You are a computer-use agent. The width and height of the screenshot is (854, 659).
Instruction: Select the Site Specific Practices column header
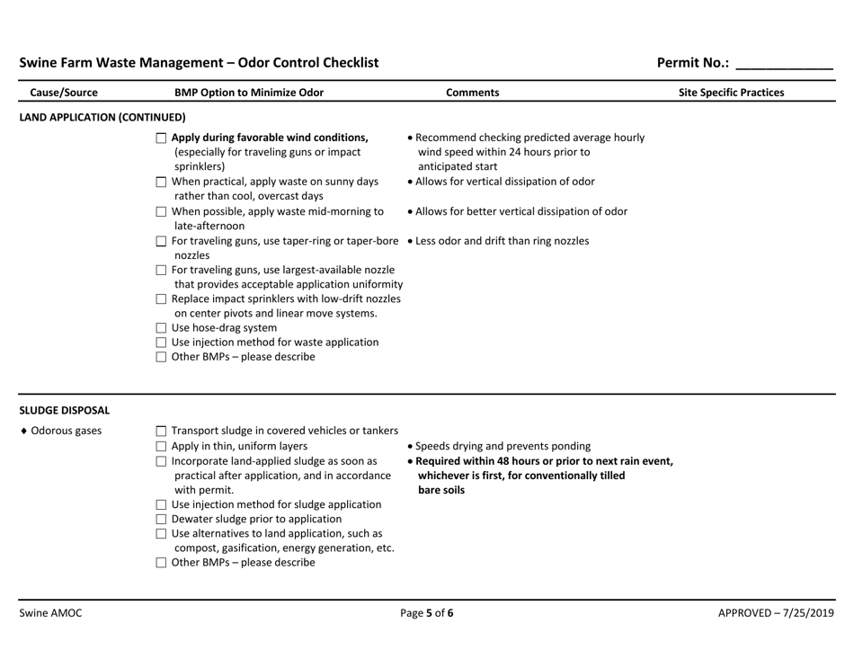[731, 92]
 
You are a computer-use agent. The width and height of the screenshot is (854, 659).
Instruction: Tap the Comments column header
[473, 92]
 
